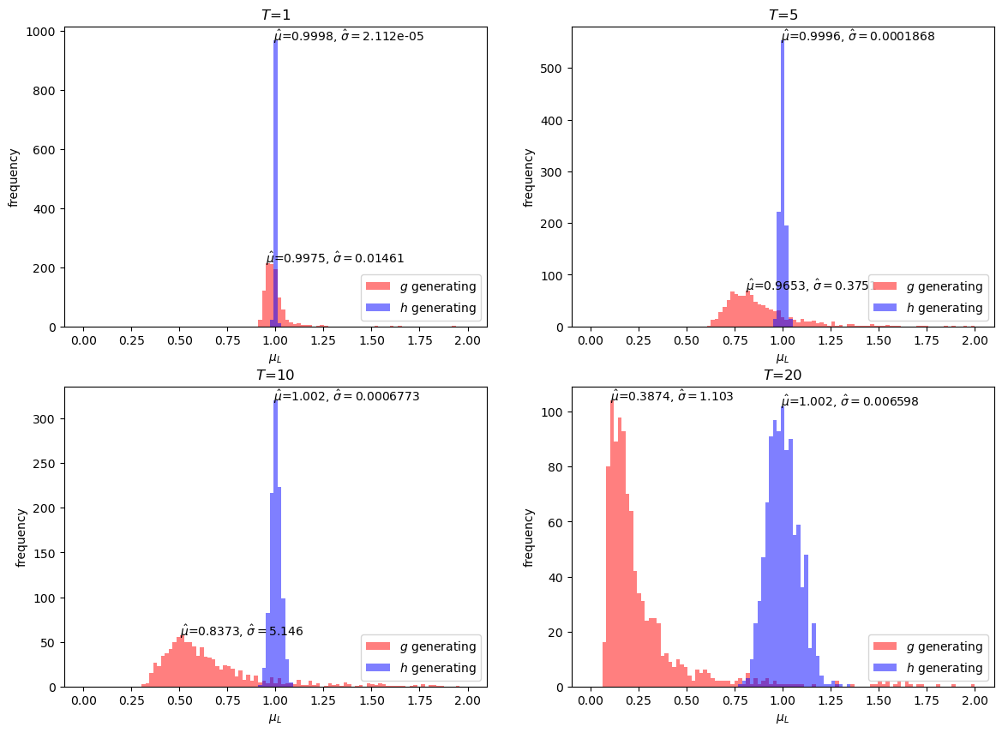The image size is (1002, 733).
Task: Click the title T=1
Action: (x=275, y=15)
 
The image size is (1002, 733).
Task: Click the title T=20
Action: (x=783, y=375)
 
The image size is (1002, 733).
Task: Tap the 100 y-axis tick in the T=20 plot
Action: (x=558, y=412)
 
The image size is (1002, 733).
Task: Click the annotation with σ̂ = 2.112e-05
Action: (x=348, y=37)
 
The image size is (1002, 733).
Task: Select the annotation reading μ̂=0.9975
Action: (x=334, y=258)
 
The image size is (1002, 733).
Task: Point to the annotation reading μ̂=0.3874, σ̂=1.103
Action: (x=671, y=396)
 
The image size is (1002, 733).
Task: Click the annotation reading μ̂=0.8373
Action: (x=241, y=631)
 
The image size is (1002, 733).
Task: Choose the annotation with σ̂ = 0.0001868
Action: (x=857, y=37)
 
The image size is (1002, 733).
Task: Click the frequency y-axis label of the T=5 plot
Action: (x=529, y=177)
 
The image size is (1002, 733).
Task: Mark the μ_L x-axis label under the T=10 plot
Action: (x=275, y=718)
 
